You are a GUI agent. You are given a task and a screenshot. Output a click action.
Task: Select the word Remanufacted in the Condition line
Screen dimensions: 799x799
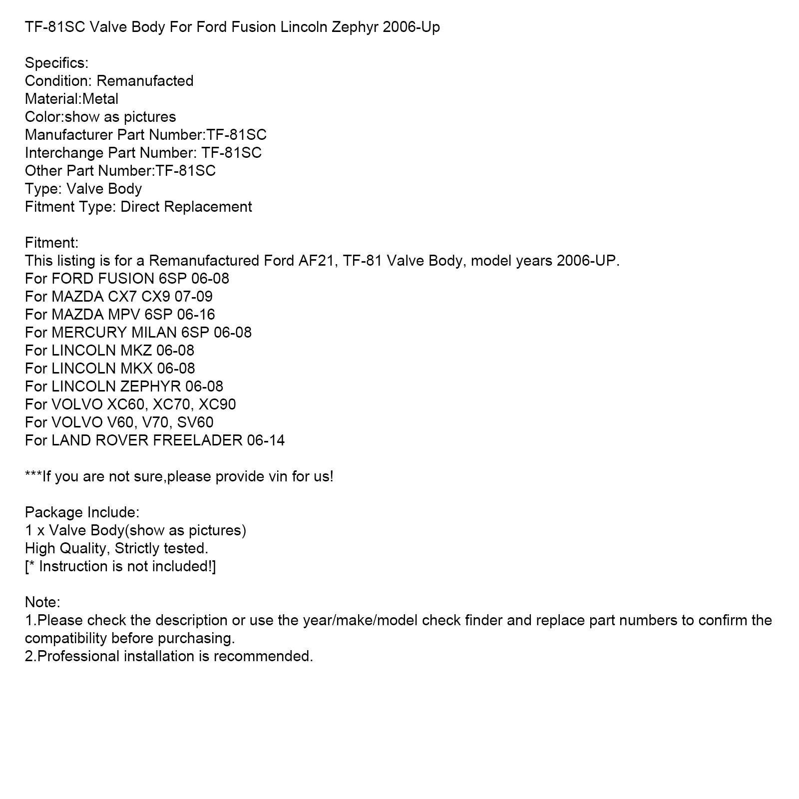point(145,81)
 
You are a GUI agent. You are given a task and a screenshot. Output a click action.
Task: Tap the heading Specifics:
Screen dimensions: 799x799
point(56,63)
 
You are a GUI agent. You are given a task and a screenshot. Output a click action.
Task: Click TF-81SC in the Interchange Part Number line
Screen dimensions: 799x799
point(231,153)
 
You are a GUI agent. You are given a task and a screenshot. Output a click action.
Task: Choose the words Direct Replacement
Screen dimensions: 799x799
point(186,207)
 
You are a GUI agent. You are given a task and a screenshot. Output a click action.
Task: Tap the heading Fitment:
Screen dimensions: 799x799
point(51,243)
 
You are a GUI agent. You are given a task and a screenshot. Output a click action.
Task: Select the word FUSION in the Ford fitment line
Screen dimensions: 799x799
point(126,279)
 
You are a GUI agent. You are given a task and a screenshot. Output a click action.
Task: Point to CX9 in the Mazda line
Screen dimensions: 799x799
point(156,297)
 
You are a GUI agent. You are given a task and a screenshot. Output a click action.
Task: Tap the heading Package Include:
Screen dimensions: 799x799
point(82,512)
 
